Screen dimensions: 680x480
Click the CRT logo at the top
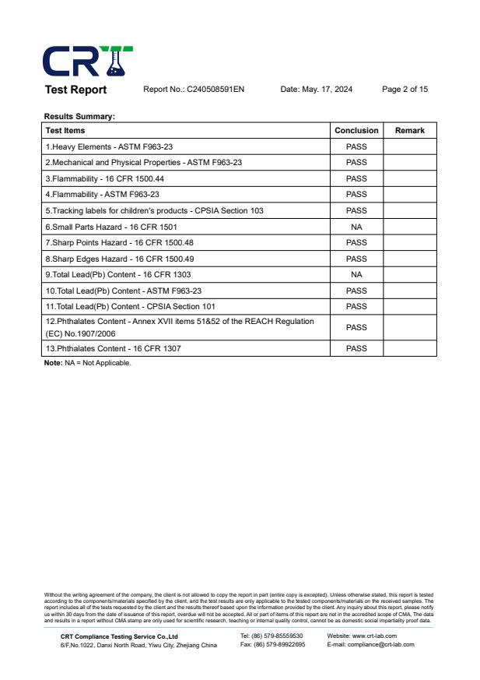(87, 61)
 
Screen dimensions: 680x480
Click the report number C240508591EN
(194, 90)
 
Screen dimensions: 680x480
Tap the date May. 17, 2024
(316, 90)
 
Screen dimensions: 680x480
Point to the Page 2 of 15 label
(405, 90)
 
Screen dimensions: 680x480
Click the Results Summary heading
(79, 117)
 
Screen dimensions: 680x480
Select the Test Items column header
(65, 131)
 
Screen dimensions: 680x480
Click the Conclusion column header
(356, 131)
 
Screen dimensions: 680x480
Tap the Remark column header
(410, 131)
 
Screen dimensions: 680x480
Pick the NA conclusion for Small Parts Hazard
(356, 227)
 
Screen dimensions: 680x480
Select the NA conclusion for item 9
(356, 275)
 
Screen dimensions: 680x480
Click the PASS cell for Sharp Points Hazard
(356, 243)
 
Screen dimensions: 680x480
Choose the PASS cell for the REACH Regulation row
(356, 327)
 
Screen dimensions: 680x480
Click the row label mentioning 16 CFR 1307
(113, 348)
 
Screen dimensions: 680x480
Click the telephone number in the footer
(272, 636)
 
